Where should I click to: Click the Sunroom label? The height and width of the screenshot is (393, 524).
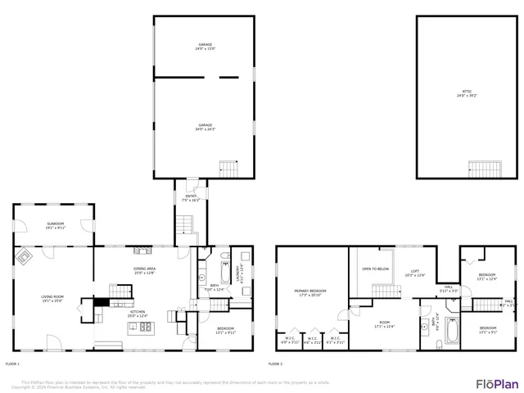tap(55, 225)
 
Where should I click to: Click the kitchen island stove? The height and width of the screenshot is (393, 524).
tap(145, 327)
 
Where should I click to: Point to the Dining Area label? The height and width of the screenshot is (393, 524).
tap(144, 270)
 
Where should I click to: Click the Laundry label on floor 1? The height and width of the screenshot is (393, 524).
tap(239, 273)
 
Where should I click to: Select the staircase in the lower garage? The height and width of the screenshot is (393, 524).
tap(228, 169)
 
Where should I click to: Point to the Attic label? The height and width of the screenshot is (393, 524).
tap(466, 94)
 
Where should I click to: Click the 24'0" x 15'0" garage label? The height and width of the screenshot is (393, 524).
tap(204, 47)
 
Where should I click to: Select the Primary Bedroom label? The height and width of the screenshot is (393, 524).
tap(310, 292)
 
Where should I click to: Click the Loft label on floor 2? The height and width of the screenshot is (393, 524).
tap(415, 273)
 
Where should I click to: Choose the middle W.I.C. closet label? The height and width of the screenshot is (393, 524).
tap(313, 339)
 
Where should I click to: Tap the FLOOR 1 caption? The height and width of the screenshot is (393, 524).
tap(12, 363)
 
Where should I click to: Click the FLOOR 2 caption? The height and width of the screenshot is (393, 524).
tap(276, 363)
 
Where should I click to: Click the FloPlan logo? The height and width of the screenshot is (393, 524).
tap(496, 382)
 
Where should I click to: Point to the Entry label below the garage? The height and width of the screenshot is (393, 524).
tap(190, 197)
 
